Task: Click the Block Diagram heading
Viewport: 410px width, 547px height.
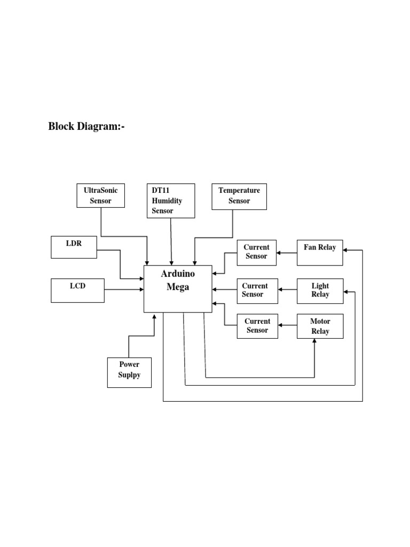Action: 86,127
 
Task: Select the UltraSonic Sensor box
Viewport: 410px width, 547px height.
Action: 101,196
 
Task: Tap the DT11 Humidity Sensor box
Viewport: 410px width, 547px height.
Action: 171,201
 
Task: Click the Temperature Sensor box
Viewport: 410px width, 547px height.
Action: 239,196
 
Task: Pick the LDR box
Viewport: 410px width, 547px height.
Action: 74,247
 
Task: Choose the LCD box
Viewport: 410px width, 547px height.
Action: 77,290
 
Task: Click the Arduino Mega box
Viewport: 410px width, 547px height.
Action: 178,288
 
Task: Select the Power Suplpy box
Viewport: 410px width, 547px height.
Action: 129,372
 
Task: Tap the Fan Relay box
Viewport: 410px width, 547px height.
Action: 320,252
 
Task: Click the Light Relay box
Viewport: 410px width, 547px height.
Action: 320,290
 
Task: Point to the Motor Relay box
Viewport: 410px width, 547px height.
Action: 320,326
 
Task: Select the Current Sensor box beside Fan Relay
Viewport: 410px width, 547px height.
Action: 257,252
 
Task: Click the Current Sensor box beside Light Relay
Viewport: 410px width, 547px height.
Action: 257,290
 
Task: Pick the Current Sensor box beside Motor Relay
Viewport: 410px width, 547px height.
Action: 257,326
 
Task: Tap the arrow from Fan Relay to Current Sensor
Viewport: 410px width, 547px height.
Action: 287,253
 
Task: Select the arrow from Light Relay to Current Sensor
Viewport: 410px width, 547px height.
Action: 287,290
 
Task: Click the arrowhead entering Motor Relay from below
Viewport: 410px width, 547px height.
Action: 314,342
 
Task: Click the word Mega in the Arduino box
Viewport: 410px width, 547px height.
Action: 178,286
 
